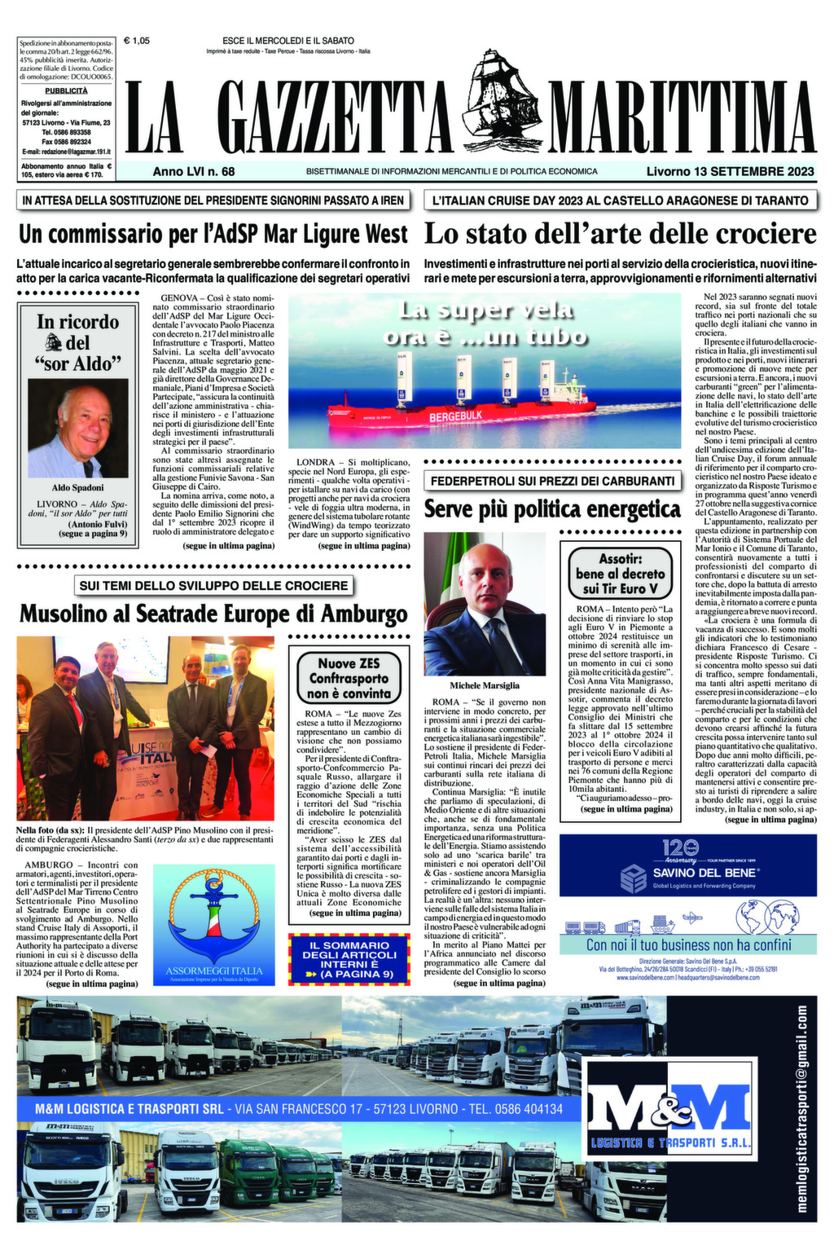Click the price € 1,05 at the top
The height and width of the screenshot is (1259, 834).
point(136,40)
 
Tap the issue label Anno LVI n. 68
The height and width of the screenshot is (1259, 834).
point(193,171)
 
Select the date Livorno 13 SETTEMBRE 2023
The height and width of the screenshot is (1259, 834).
point(730,171)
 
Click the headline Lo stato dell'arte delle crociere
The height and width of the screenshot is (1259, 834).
point(620,234)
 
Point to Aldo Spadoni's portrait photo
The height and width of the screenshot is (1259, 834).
point(78,428)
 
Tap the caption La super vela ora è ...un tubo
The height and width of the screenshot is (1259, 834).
point(485,323)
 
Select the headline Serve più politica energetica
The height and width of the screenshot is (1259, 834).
point(551,509)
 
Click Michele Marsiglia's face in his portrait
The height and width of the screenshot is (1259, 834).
point(485,579)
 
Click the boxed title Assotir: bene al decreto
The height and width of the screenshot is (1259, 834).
point(621,573)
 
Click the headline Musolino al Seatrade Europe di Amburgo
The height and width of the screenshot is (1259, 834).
point(213,613)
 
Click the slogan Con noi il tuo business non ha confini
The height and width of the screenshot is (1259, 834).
point(688,944)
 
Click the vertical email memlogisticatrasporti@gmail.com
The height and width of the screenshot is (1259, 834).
point(801,1108)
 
